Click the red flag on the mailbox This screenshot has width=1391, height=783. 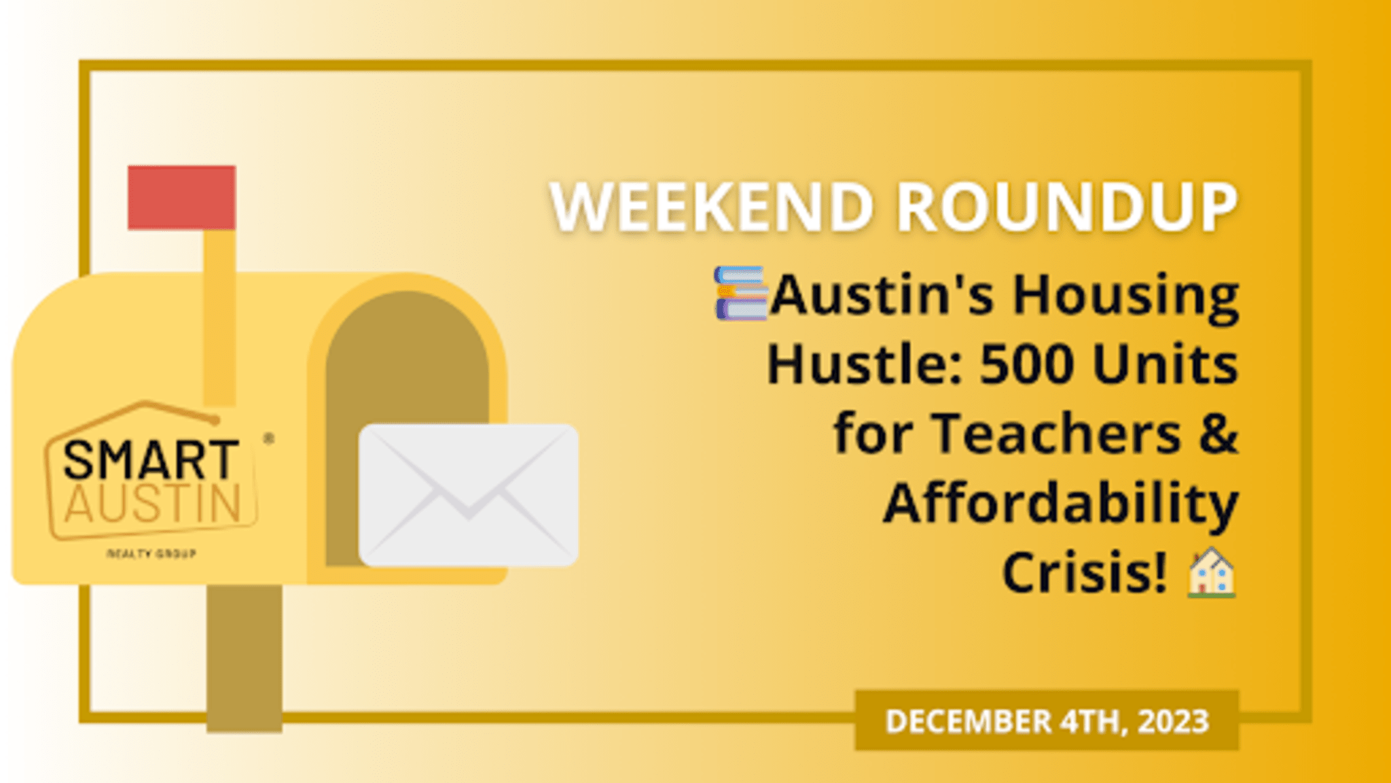click(x=181, y=197)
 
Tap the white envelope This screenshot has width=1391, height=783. click(x=468, y=495)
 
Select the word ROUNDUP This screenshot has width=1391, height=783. click(x=1067, y=207)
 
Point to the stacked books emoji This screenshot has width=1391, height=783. click(x=740, y=293)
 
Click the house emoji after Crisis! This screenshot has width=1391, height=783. click(x=1211, y=573)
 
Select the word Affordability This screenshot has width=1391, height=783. click(x=1061, y=504)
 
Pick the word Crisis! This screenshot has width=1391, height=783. click(x=1085, y=573)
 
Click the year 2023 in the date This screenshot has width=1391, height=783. click(x=1173, y=721)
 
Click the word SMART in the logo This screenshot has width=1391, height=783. click(x=151, y=460)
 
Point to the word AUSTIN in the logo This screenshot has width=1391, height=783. click(x=153, y=504)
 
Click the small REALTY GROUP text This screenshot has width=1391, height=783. click(x=151, y=554)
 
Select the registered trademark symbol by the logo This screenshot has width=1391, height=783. click(x=269, y=439)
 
